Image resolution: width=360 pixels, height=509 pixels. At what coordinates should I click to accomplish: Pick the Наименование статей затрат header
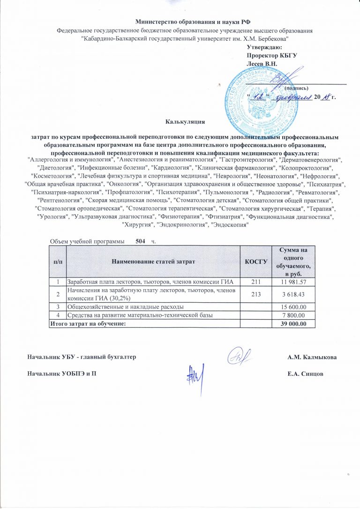coord(152,261)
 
